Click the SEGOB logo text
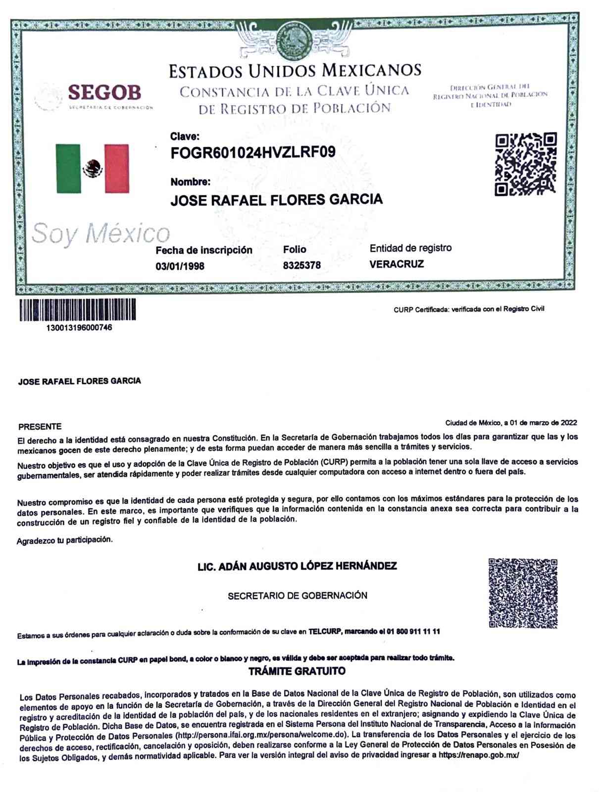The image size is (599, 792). click(x=104, y=92)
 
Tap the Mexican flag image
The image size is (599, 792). click(x=92, y=168)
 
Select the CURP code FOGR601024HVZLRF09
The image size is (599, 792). click(x=252, y=153)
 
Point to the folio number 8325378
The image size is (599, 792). click(x=301, y=265)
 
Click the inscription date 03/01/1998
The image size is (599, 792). click(x=180, y=266)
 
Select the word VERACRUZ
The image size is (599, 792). click(x=397, y=264)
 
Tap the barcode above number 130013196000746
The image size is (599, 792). click(x=78, y=309)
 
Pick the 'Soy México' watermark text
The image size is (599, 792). click(x=100, y=233)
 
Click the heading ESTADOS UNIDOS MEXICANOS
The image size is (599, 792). click(x=295, y=70)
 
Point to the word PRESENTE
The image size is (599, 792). click(x=40, y=427)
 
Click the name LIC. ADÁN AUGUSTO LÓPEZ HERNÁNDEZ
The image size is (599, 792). click(x=297, y=566)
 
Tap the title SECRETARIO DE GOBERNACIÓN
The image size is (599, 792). click(x=298, y=595)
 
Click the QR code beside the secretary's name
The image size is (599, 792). click(x=523, y=593)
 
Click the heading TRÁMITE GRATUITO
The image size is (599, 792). click(x=297, y=671)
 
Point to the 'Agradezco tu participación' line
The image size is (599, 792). click(x=65, y=540)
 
